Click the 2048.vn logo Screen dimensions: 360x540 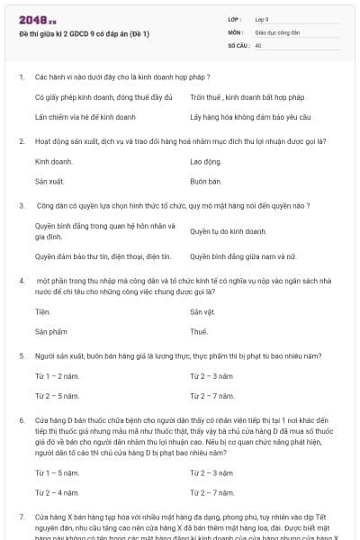(x=37, y=19)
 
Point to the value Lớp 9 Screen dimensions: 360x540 (x=262, y=18)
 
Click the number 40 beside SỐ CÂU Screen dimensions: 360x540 (x=258, y=43)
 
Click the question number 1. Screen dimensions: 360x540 (x=21, y=77)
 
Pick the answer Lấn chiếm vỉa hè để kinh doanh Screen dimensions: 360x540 (x=84, y=117)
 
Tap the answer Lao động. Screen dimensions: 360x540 (x=205, y=161)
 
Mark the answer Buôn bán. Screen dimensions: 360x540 (x=205, y=181)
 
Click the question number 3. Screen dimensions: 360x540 (x=21, y=205)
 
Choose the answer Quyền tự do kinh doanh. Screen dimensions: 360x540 (x=228, y=231)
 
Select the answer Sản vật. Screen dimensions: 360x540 (x=202, y=311)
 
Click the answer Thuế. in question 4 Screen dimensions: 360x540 (x=199, y=331)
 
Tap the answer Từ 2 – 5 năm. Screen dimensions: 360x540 (x=57, y=395)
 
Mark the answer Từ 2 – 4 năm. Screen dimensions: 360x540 (x=57, y=492)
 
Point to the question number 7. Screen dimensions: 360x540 (x=21, y=517)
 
